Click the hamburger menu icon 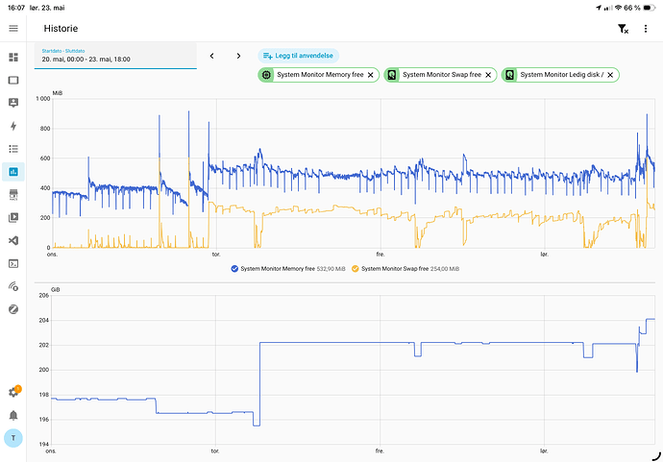pyautogui.click(x=13, y=28)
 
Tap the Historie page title pyautogui.click(x=61, y=28)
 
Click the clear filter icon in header pyautogui.click(x=623, y=29)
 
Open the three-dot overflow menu pyautogui.click(x=646, y=28)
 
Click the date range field pyautogui.click(x=115, y=56)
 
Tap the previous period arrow pyautogui.click(x=211, y=56)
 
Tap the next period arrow pyautogui.click(x=238, y=56)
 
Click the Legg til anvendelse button pyautogui.click(x=298, y=56)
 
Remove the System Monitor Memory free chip pyautogui.click(x=370, y=75)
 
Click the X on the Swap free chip pyautogui.click(x=488, y=75)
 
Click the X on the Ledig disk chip pyautogui.click(x=610, y=75)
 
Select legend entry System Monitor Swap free pyautogui.click(x=405, y=268)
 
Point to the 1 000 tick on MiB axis pyautogui.click(x=43, y=99)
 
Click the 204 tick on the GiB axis pyautogui.click(x=44, y=320)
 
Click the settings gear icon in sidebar pyautogui.click(x=13, y=392)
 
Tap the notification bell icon pyautogui.click(x=13, y=415)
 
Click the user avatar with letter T pyautogui.click(x=13, y=438)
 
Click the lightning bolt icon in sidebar pyautogui.click(x=13, y=126)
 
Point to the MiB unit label pyautogui.click(x=58, y=93)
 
